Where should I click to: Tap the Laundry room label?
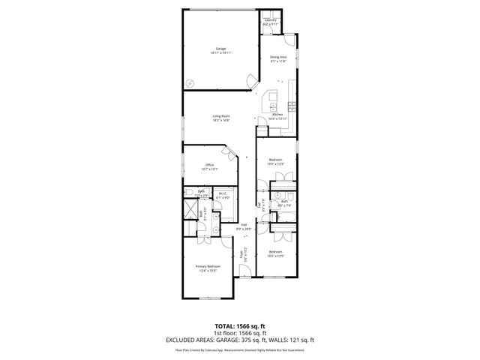[271, 22]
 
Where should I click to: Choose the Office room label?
[209, 167]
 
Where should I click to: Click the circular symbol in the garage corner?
[190, 83]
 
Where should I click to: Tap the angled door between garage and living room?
[250, 82]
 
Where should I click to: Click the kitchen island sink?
[273, 106]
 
